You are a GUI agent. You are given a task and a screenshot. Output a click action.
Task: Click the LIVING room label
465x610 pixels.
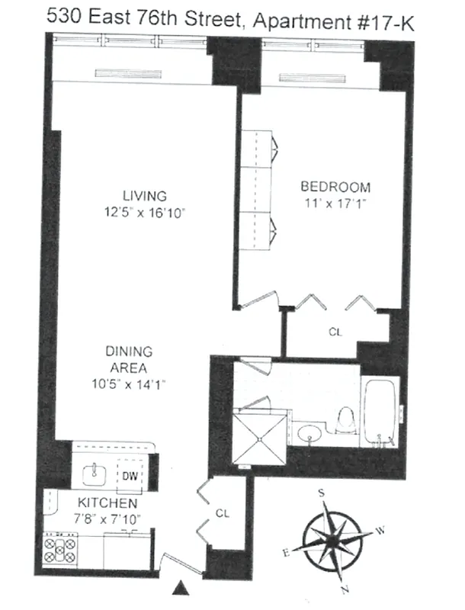[144, 196]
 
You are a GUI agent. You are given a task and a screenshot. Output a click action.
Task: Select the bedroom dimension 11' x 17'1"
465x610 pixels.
[335, 204]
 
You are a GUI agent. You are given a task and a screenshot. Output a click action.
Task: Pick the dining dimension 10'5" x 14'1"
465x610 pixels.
[129, 384]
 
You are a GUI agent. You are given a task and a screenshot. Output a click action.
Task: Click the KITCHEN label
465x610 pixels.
[107, 503]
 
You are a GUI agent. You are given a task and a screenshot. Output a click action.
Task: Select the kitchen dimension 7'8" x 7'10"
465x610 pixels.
[107, 518]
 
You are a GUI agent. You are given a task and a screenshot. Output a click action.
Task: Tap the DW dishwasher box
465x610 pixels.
[130, 476]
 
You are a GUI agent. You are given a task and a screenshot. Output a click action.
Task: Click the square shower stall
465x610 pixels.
[260, 438]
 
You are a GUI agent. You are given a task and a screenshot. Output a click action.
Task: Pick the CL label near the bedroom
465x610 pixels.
[335, 332]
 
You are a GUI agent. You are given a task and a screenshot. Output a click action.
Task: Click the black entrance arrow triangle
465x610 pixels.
[181, 586]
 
